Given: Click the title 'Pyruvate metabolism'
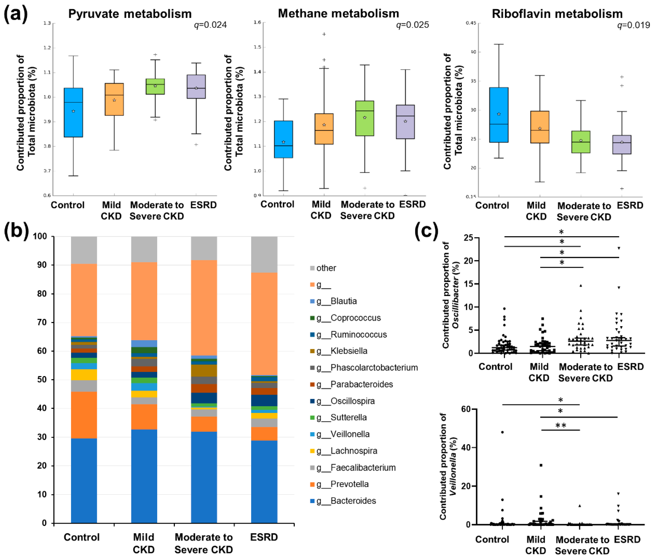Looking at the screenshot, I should (x=130, y=14).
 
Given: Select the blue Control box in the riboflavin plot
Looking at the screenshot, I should (x=498, y=115).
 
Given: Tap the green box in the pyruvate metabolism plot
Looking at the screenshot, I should (x=155, y=86).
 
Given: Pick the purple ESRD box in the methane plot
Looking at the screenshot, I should (x=405, y=122).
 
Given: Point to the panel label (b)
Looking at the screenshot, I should (x=16, y=231).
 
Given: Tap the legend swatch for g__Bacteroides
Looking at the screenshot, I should (x=312, y=501).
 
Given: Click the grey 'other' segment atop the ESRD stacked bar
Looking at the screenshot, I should (x=264, y=254).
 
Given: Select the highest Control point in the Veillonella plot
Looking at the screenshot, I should (x=502, y=432).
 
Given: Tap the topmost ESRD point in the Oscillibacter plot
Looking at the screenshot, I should (x=619, y=248).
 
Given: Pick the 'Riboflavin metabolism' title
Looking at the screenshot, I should (x=557, y=14).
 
